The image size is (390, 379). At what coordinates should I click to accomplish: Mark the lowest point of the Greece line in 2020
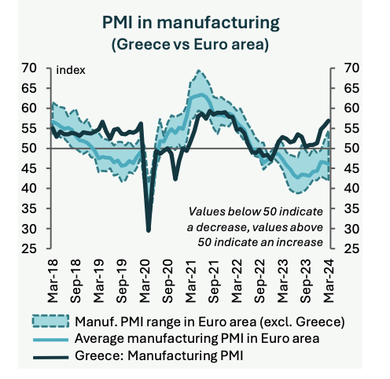point(149,230)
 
